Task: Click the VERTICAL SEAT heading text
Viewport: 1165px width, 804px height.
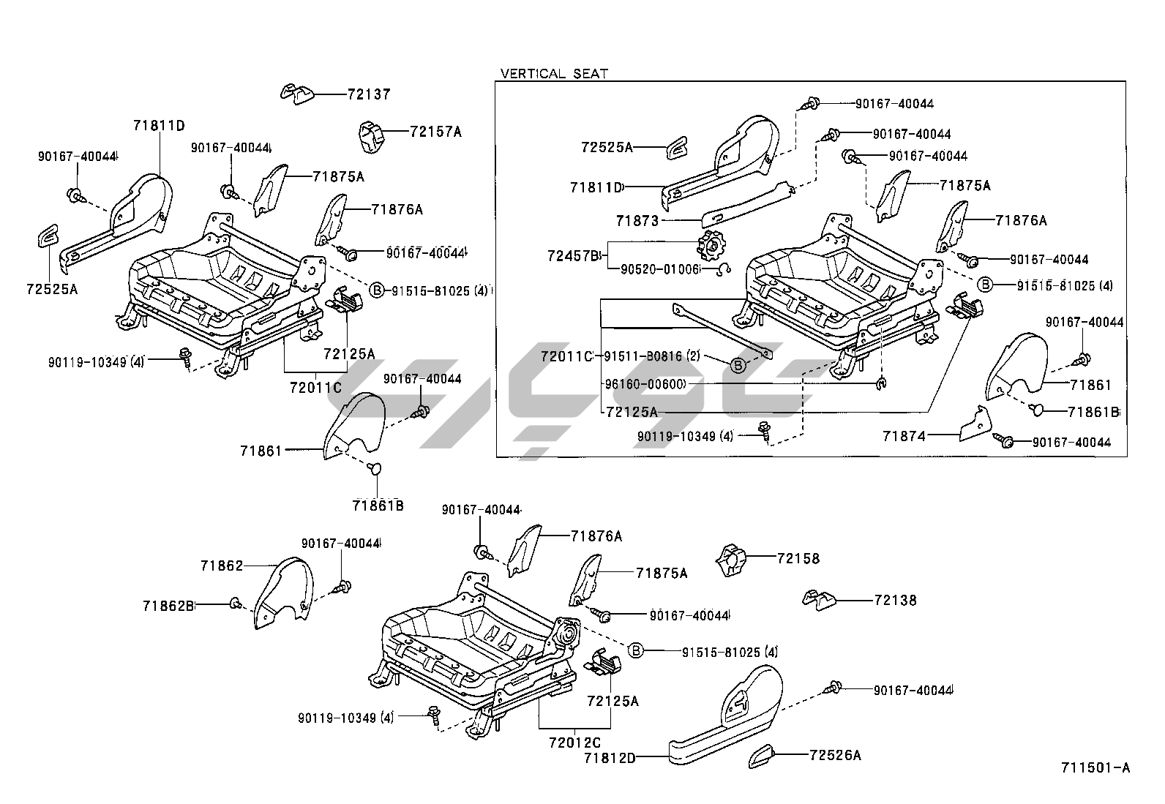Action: click(x=554, y=73)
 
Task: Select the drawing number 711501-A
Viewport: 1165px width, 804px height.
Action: click(x=1095, y=767)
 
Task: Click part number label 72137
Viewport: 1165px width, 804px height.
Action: click(x=369, y=94)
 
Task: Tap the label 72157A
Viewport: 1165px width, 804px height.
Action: click(x=435, y=132)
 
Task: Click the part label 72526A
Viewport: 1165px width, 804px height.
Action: click(x=835, y=754)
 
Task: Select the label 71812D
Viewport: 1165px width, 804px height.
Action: click(x=610, y=758)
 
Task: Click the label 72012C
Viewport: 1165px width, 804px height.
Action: click(x=574, y=742)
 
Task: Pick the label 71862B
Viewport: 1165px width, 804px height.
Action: click(x=168, y=605)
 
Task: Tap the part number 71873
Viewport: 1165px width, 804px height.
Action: click(x=637, y=220)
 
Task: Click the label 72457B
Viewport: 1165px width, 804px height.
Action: click(x=573, y=255)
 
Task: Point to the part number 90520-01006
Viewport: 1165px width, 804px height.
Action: click(x=660, y=269)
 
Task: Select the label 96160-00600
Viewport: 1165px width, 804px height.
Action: click(x=645, y=383)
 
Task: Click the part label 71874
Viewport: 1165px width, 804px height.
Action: click(x=904, y=436)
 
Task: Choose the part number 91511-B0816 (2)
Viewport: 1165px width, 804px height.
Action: click(x=652, y=356)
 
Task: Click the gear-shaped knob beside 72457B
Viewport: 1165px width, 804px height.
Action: click(x=709, y=246)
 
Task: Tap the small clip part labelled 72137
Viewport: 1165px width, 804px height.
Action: click(x=297, y=94)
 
